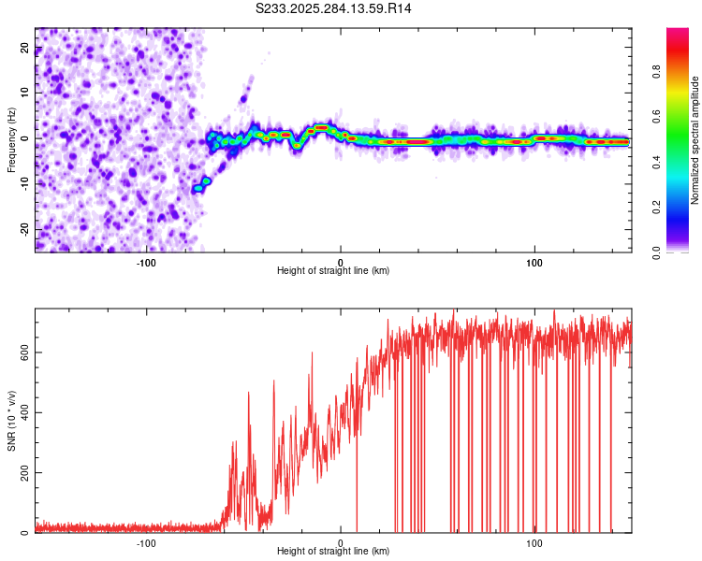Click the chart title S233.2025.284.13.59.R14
[x=334, y=8]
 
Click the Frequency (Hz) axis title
[x=11, y=138]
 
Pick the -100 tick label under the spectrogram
[x=146, y=261]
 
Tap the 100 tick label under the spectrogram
[x=534, y=261]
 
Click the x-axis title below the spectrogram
[x=333, y=271]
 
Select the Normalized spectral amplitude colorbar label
[x=695, y=140]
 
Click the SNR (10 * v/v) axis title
[x=11, y=421]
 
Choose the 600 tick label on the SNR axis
[x=22, y=352]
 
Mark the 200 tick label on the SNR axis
[x=22, y=473]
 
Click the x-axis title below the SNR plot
[x=333, y=552]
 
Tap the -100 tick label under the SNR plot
[x=146, y=542]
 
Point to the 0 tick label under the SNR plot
[x=341, y=542]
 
